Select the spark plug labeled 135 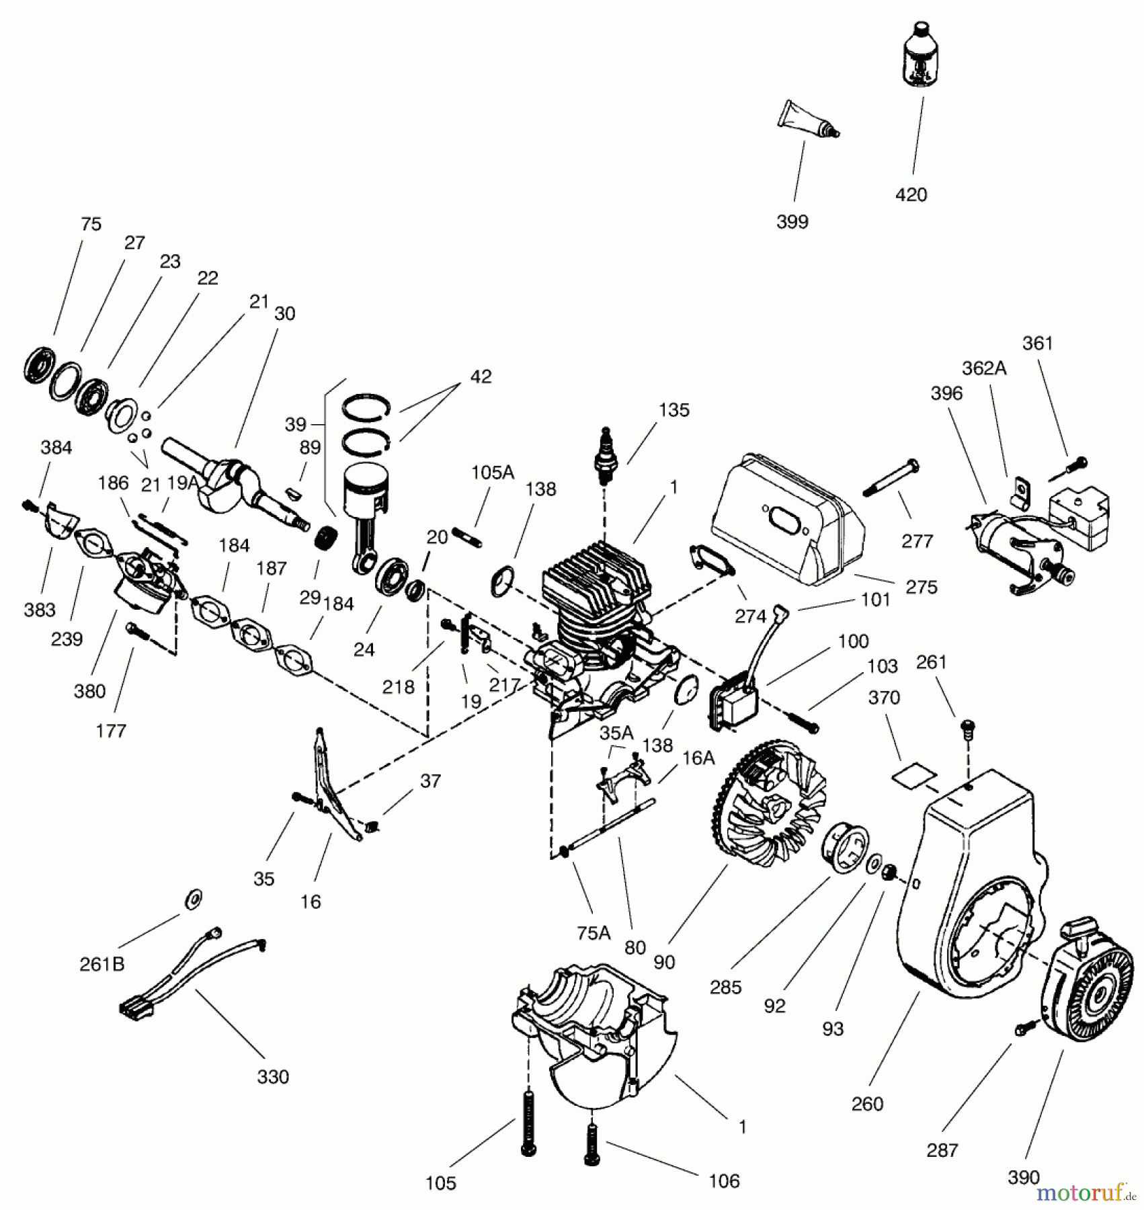[607, 458]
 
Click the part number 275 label [921, 587]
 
